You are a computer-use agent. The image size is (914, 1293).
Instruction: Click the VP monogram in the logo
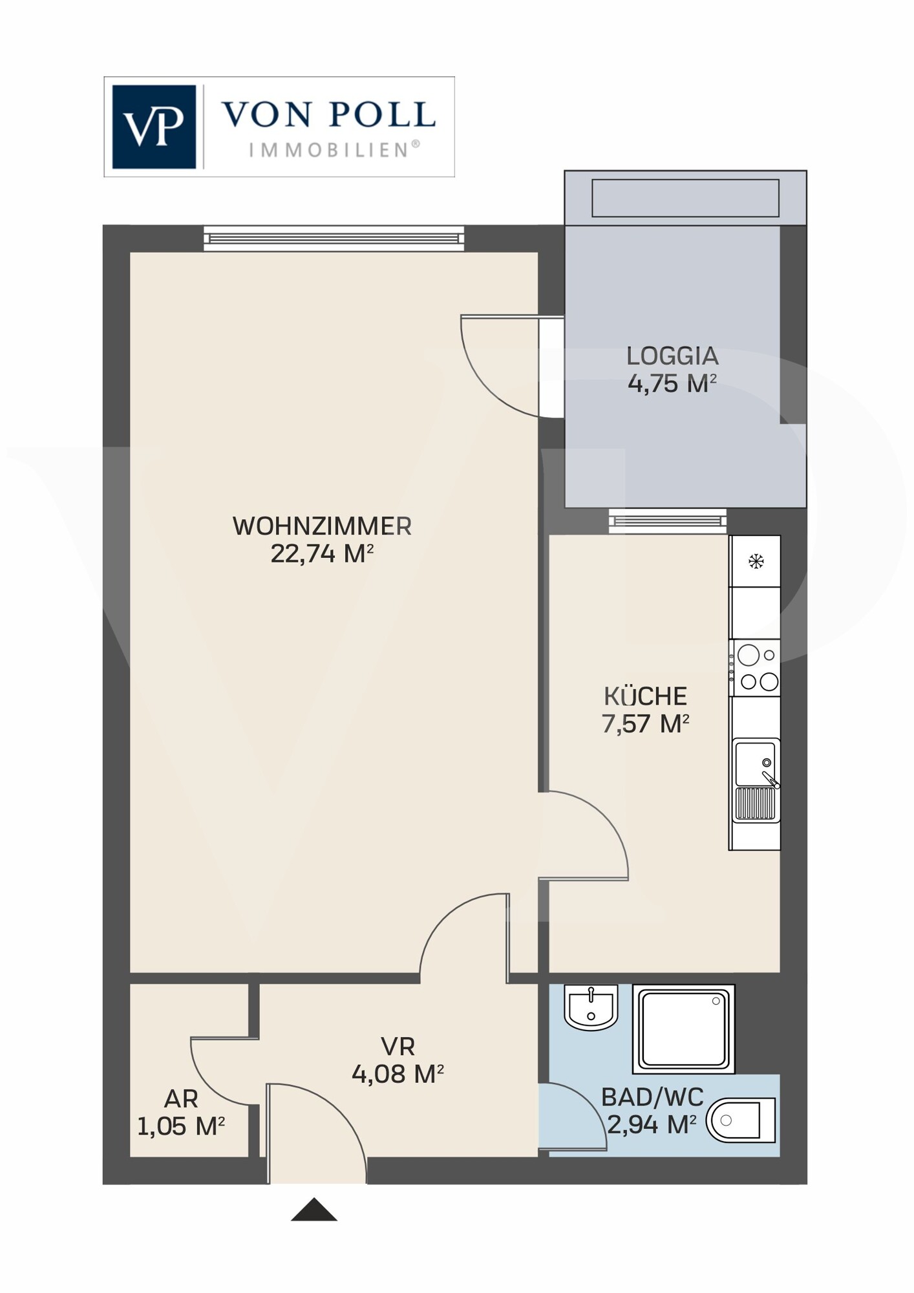click(x=154, y=127)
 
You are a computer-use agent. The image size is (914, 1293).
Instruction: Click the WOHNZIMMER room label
click(x=322, y=526)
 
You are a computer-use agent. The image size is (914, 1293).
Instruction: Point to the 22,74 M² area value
click(x=322, y=554)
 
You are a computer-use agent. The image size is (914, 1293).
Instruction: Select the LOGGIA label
click(x=672, y=356)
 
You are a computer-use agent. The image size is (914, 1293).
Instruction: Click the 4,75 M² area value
click(x=672, y=383)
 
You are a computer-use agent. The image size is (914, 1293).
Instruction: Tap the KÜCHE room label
click(x=645, y=696)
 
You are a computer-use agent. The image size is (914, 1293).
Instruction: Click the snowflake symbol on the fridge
click(x=756, y=561)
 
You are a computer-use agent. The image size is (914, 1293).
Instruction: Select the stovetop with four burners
click(x=754, y=668)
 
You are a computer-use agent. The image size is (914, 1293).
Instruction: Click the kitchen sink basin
click(x=755, y=764)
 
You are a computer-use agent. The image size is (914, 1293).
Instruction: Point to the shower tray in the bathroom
click(x=684, y=1029)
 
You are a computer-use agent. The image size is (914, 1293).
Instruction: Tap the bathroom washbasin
click(x=591, y=1007)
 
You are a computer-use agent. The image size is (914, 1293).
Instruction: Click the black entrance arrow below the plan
click(x=314, y=1210)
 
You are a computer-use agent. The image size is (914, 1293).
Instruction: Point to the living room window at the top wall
click(x=334, y=239)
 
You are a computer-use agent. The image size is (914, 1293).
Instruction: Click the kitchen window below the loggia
click(x=668, y=521)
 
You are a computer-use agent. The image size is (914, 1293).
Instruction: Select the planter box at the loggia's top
click(x=685, y=198)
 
